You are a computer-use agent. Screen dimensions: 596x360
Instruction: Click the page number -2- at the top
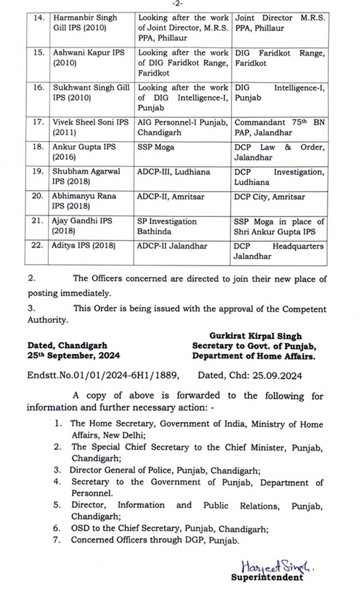click(177, 4)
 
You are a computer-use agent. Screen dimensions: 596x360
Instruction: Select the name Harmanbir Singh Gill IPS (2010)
click(85, 23)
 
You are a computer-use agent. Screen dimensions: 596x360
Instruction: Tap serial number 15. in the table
click(39, 53)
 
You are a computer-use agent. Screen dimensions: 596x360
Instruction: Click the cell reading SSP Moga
click(156, 147)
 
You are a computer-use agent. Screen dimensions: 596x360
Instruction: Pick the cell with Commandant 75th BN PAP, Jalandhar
click(279, 127)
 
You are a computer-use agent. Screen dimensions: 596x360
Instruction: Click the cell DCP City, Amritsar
click(269, 197)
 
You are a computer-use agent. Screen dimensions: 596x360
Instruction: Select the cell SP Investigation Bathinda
click(167, 226)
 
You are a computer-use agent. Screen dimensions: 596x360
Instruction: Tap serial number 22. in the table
click(37, 245)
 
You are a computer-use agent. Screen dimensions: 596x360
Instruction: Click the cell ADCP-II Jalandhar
click(172, 246)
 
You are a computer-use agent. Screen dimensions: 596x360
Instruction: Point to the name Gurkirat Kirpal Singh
click(255, 336)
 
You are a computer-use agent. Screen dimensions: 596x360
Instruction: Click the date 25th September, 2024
click(73, 356)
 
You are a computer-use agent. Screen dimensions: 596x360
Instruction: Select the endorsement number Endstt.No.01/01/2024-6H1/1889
click(103, 375)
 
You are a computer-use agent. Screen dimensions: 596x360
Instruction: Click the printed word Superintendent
click(267, 577)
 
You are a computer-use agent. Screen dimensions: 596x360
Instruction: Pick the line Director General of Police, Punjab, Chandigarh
click(165, 470)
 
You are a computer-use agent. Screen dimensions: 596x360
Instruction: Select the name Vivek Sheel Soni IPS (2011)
click(90, 127)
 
